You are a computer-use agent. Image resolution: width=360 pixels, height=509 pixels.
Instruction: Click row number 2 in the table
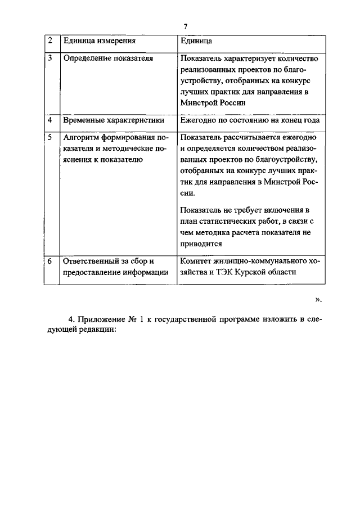(50, 40)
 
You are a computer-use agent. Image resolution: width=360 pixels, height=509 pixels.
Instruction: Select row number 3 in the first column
(50, 58)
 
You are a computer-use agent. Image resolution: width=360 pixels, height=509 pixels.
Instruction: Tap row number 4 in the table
(50, 120)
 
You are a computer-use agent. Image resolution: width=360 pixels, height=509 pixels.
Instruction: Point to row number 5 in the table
(50, 137)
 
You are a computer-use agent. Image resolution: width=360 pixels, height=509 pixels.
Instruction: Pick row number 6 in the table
(50, 262)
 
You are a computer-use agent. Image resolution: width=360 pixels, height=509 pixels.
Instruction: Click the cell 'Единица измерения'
(100, 40)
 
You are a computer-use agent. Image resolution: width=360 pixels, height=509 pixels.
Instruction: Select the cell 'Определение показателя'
(109, 58)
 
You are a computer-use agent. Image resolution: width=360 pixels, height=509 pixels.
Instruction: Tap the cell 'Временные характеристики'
(114, 120)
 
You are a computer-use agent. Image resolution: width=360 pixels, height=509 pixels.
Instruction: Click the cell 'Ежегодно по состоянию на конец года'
(250, 120)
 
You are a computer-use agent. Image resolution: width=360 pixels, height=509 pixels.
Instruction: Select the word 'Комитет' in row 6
(196, 262)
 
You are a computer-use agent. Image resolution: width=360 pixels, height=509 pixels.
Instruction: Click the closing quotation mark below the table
(318, 299)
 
